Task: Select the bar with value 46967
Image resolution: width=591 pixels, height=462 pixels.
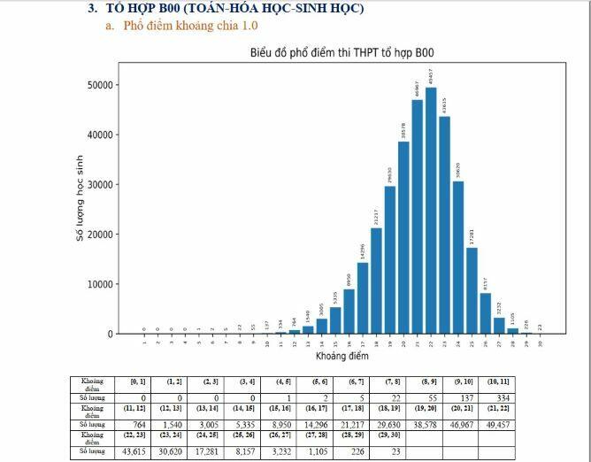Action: tap(417, 217)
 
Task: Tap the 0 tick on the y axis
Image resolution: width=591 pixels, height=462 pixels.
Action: tap(110, 334)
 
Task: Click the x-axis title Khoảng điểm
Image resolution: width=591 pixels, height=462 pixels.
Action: tap(341, 356)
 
